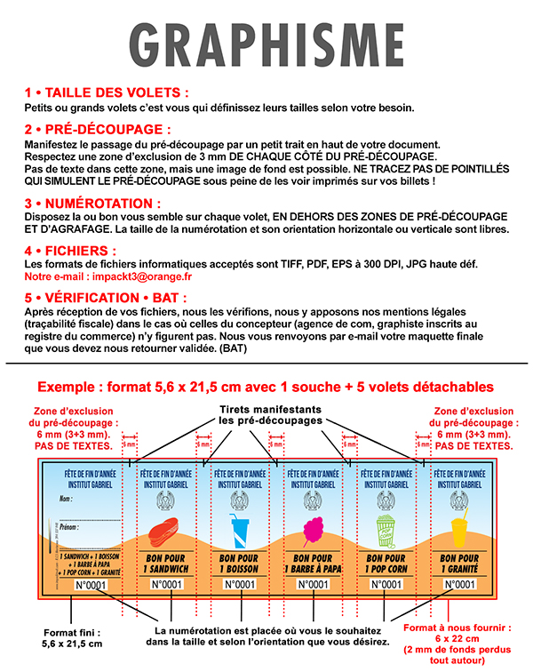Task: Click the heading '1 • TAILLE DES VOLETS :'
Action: point(107,92)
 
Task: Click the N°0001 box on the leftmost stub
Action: point(89,584)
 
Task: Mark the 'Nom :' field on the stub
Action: point(66,500)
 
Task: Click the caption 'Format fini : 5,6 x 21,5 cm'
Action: point(73,637)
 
